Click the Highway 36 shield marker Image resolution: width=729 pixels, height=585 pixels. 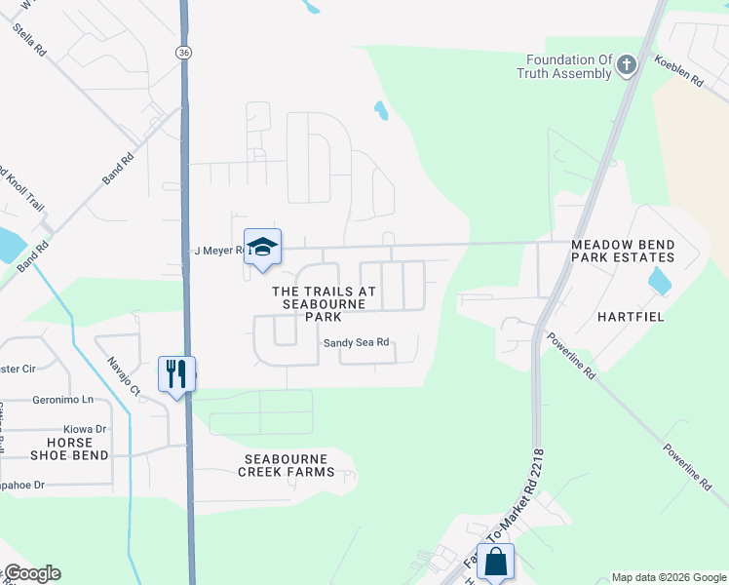(183, 52)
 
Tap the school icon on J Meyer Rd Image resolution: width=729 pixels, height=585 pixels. (262, 246)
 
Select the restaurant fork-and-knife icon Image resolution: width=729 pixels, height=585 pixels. (176, 373)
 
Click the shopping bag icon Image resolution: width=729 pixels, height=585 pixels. (495, 562)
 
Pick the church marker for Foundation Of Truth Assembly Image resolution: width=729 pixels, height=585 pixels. (627, 66)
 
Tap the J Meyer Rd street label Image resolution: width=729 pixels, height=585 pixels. (216, 251)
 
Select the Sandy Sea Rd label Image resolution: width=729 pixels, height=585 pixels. (357, 342)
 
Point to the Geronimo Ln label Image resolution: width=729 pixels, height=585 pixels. (62, 400)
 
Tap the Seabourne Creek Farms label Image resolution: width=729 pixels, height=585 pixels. (287, 465)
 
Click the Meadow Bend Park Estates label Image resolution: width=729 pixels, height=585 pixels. (623, 251)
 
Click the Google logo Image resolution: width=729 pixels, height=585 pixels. (32, 573)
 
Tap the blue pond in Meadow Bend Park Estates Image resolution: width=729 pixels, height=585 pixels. (660, 281)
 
